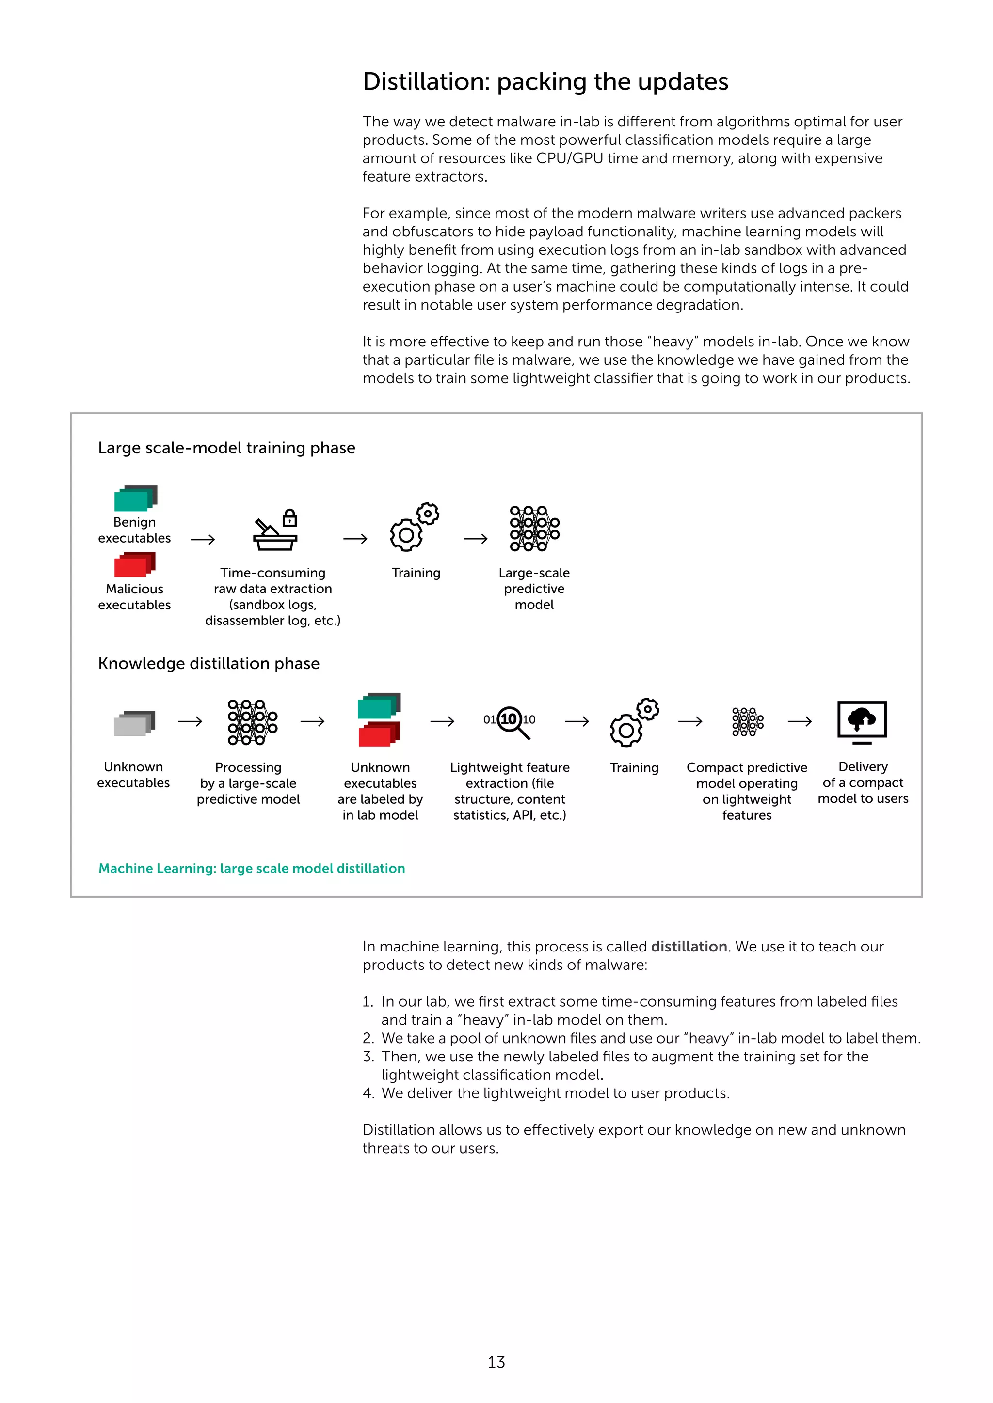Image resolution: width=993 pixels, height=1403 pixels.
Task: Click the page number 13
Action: [x=496, y=1362]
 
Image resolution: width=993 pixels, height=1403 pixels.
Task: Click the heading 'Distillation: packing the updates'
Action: [x=545, y=82]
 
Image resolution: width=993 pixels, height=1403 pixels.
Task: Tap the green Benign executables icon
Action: [x=135, y=499]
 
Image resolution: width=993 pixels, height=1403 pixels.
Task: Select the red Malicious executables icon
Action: [x=134, y=564]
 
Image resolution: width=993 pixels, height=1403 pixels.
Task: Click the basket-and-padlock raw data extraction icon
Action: [x=276, y=530]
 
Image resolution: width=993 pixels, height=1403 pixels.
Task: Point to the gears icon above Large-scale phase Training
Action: [x=415, y=527]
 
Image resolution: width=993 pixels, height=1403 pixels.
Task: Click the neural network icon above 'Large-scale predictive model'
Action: [x=534, y=529]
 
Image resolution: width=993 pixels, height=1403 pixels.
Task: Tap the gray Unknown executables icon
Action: [x=134, y=723]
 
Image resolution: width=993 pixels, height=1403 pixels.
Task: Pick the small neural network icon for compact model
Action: [x=747, y=722]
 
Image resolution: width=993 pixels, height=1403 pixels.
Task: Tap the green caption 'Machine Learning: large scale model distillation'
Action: [x=251, y=868]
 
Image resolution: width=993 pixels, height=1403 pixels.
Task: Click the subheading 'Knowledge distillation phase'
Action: [x=208, y=664]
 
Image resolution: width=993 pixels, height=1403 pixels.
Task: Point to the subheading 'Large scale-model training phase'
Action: [x=226, y=448]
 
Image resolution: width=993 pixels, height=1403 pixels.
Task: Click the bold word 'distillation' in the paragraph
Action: [x=689, y=947]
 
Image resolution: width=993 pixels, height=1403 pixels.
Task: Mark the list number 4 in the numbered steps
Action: [x=368, y=1093]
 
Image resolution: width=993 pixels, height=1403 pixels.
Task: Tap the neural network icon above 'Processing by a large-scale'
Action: [x=253, y=722]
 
